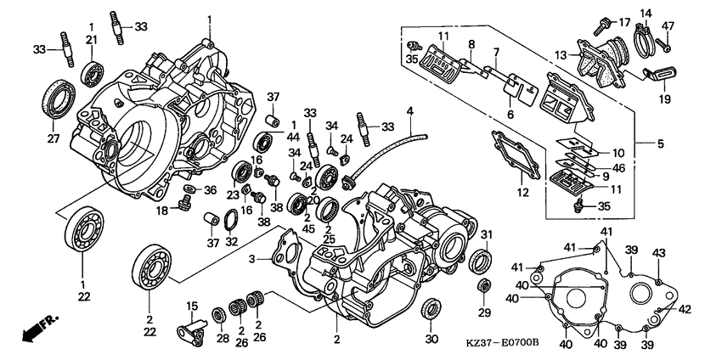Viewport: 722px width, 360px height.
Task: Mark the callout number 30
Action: coord(432,340)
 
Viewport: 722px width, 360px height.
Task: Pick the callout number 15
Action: coord(192,307)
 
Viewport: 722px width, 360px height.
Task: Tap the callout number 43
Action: coord(659,253)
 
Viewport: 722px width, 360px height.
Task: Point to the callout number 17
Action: coord(624,23)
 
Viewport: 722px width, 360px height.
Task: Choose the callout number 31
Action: coord(486,234)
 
